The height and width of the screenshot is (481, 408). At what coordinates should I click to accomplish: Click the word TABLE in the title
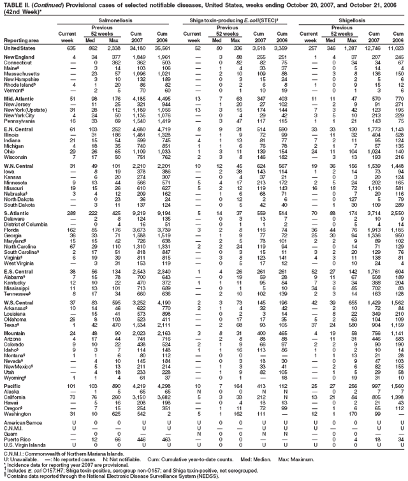tap(11, 4)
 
